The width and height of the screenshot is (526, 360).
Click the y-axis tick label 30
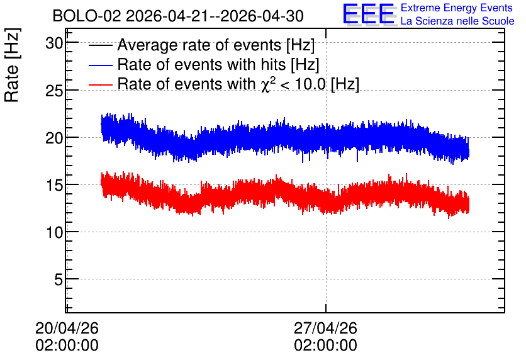(54, 43)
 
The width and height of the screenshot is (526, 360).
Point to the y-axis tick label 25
(54, 91)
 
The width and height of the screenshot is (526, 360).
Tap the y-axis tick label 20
(54, 138)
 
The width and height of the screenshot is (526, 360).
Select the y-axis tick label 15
(54, 185)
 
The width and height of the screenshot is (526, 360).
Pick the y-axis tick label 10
(54, 232)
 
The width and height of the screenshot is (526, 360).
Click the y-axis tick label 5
(59, 279)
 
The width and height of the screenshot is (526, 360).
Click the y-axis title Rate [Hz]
(12, 65)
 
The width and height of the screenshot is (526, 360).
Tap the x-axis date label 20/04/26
(67, 328)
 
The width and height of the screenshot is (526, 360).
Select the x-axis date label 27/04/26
(325, 328)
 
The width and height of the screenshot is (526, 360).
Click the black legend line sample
(100, 45)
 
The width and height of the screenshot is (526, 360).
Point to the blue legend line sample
(100, 65)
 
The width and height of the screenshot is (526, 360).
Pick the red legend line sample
(100, 84)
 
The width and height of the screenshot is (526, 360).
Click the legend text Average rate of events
(199, 45)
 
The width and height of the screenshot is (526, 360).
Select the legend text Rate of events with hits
(201, 64)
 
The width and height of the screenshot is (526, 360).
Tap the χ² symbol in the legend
(267, 84)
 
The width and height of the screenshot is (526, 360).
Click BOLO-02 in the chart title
(87, 16)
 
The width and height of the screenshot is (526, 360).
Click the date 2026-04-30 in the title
(262, 16)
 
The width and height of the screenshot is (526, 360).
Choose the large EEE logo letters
(369, 14)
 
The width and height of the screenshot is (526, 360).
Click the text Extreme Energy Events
(457, 8)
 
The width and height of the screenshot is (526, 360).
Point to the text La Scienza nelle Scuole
(457, 21)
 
